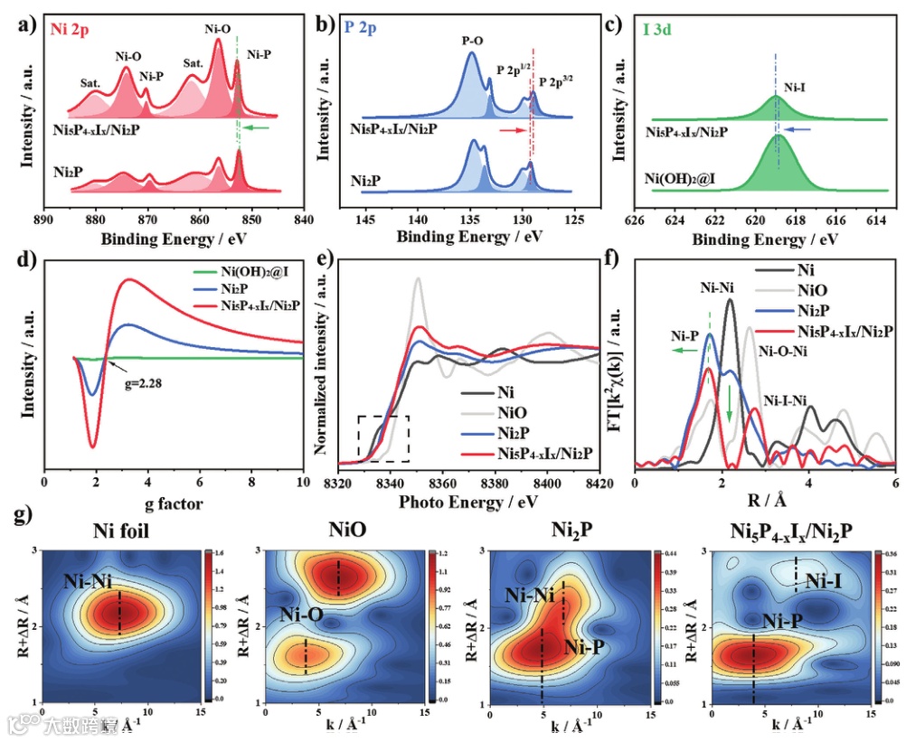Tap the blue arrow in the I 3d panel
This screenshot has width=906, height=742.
791,130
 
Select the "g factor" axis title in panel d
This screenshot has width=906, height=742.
174,502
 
